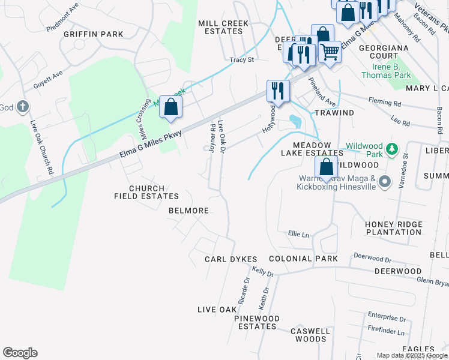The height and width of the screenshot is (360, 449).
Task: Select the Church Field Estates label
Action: point(146,192)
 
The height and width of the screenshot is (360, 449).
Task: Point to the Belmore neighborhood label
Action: point(188,211)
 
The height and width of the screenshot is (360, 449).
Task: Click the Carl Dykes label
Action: point(231,259)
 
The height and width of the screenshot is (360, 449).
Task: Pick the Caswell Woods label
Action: point(310,335)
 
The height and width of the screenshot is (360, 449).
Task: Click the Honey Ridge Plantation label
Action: point(393,228)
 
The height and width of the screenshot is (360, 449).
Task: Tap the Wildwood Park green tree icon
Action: point(393,148)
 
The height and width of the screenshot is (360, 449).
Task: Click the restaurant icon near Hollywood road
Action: point(278,90)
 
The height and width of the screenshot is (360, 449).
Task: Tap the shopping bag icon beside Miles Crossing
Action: point(171,107)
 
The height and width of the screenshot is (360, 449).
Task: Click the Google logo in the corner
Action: point(20,353)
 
